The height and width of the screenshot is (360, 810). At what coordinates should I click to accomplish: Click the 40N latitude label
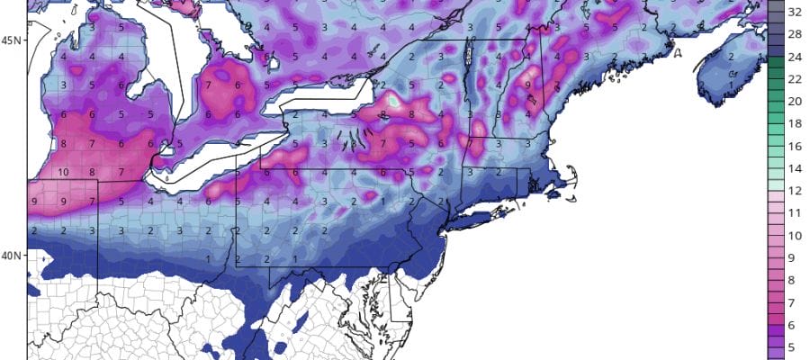10,256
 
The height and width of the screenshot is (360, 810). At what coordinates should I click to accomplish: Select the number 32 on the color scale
795,13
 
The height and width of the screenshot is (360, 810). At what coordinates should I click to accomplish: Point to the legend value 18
795,123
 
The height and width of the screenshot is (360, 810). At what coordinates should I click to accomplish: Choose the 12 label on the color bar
795,190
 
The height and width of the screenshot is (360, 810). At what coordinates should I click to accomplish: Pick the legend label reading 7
795,300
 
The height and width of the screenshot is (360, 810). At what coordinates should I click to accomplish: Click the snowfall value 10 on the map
64,172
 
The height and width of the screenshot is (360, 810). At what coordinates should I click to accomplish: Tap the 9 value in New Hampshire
527,85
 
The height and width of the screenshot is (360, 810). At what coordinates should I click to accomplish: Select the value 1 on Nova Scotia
732,85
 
